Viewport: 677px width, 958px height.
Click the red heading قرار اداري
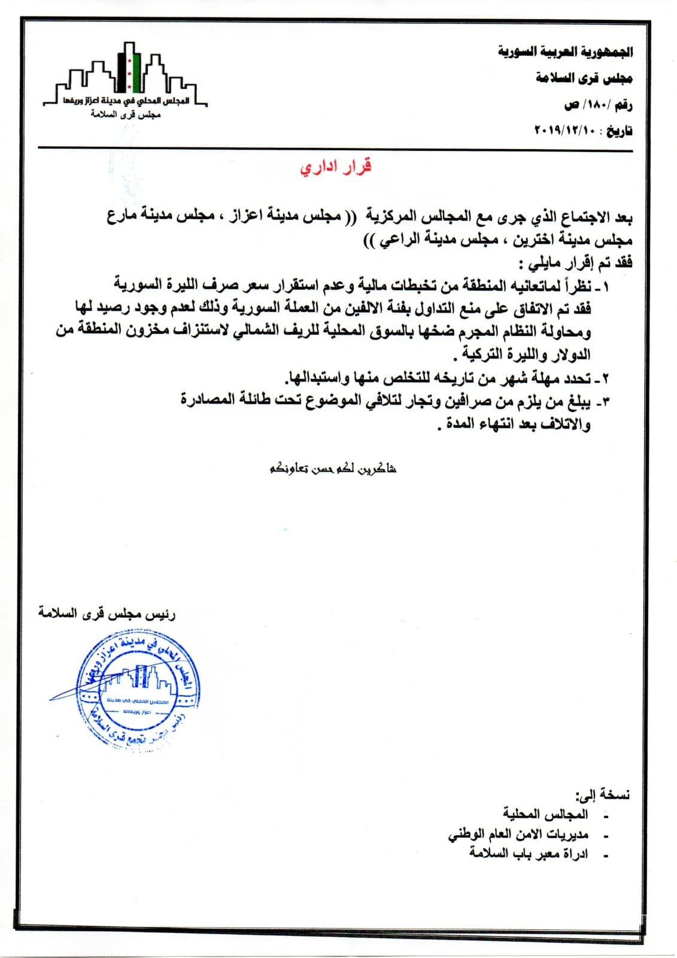pos(336,166)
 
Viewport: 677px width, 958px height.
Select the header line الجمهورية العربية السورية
pos(565,52)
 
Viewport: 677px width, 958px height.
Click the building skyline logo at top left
pos(126,78)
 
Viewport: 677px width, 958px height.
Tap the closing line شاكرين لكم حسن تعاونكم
pos(333,468)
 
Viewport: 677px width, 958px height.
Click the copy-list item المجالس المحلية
pos(545,814)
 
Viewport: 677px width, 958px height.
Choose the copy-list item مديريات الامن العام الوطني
pos(518,834)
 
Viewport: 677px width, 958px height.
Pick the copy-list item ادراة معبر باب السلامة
pos(529,853)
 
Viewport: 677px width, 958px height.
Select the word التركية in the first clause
pos(475,354)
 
